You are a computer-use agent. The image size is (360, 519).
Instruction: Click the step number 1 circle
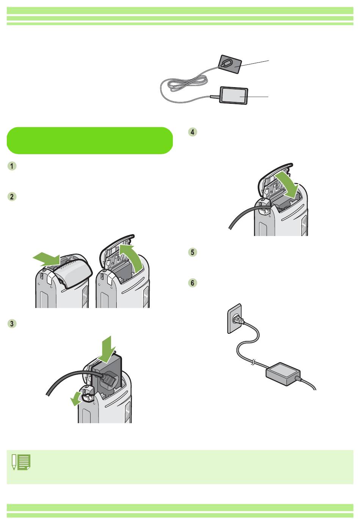point(12,166)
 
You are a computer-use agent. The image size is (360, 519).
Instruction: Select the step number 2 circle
point(12,197)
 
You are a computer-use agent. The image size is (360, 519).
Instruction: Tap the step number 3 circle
point(12,324)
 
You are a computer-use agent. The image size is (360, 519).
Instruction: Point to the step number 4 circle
point(193,132)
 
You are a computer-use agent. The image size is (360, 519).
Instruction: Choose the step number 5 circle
point(193,252)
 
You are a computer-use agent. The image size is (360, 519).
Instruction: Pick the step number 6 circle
point(193,283)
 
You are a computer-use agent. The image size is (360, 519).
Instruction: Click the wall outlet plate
point(235,319)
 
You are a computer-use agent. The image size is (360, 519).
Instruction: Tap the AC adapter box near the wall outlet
point(283,374)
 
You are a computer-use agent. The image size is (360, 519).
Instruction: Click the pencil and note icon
point(21,462)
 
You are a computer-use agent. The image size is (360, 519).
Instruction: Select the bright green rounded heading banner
point(90,141)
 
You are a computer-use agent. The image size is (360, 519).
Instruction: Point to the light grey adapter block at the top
point(234,95)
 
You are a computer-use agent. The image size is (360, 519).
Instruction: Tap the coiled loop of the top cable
point(187,83)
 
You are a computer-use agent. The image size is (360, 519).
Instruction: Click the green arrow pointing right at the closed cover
point(46,259)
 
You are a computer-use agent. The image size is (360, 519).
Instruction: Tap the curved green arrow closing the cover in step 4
point(288,185)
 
